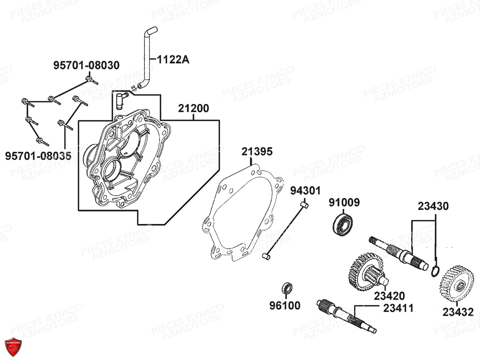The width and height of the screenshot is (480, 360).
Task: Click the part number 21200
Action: coord(193,108)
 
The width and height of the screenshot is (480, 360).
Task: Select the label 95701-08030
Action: coord(86,65)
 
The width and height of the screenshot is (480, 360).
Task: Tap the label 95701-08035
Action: coord(38,156)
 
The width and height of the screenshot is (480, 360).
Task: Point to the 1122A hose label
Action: coord(173,60)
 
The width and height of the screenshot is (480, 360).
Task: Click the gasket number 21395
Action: coord(257,152)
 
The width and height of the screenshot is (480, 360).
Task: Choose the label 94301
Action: coord(305,191)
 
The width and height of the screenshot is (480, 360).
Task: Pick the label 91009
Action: coord(344,202)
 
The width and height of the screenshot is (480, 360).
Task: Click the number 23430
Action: coord(433,206)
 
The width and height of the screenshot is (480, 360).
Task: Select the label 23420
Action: coord(390,296)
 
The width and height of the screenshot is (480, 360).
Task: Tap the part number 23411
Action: coord(398,308)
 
